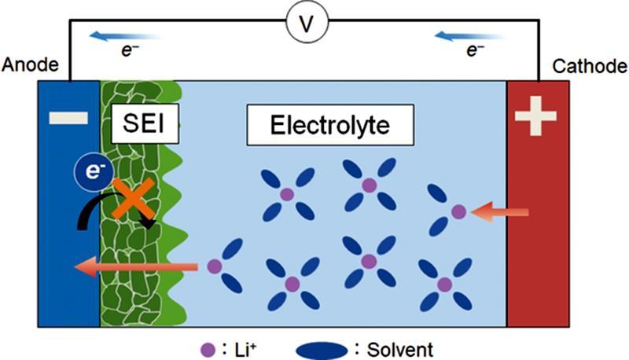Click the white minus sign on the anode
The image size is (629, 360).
tap(68, 118)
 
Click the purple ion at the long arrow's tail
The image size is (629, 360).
tap(213, 266)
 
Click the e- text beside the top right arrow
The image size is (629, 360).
tap(474, 51)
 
